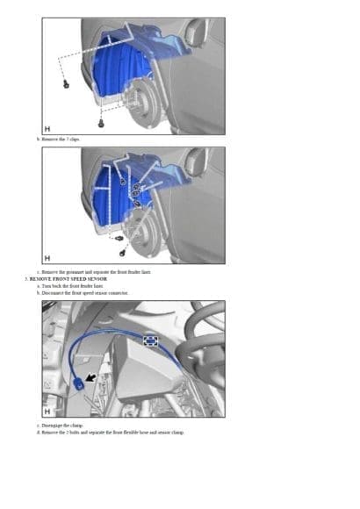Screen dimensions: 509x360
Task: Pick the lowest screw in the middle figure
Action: pyautogui.click(x=118, y=238)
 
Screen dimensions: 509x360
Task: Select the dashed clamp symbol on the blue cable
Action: pyautogui.click(x=152, y=341)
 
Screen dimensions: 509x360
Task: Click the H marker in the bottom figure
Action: pyautogui.click(x=47, y=409)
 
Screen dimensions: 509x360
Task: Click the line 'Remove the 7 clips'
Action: pyautogui.click(x=58, y=139)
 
